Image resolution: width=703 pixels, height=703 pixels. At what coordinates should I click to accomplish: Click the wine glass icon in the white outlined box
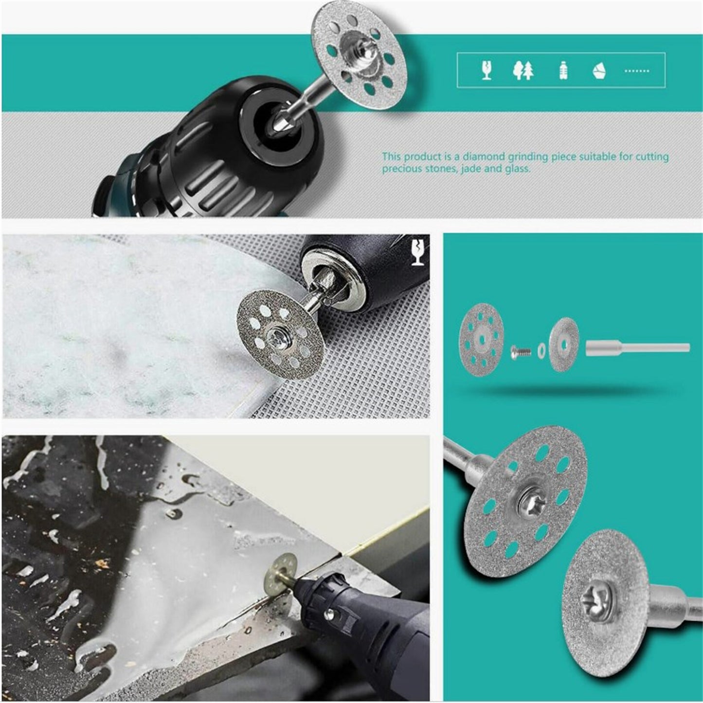tap(486, 71)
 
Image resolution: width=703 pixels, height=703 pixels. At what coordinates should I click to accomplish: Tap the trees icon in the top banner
tap(523, 71)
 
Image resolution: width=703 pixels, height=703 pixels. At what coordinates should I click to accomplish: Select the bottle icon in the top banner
tap(563, 71)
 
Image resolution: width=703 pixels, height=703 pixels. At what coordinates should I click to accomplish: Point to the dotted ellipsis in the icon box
tap(636, 71)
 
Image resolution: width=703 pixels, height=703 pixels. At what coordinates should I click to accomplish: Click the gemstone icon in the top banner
tap(599, 71)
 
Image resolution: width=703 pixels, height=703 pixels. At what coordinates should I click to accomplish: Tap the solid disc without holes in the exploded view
tap(564, 344)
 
